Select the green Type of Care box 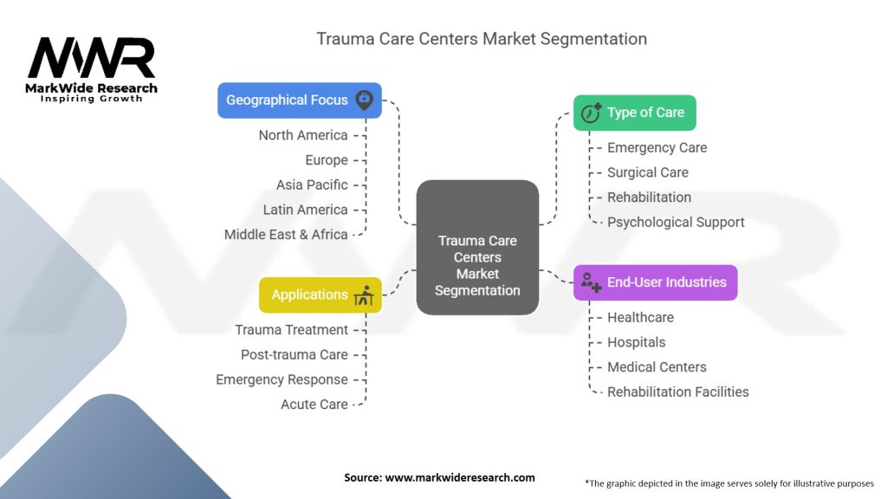tap(634, 113)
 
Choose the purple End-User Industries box tap(655, 282)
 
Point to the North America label tap(303, 135)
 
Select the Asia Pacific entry tap(312, 185)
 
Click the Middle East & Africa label tap(286, 234)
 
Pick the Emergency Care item tap(657, 147)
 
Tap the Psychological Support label tap(676, 222)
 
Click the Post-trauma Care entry tap(295, 354)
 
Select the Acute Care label tap(314, 404)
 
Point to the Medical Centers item tap(657, 366)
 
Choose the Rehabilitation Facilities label tap(677, 392)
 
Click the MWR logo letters tap(91, 58)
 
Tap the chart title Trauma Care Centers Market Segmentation tap(482, 39)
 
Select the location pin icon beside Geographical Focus tap(365, 100)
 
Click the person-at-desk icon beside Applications tap(364, 295)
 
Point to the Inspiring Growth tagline tap(91, 99)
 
